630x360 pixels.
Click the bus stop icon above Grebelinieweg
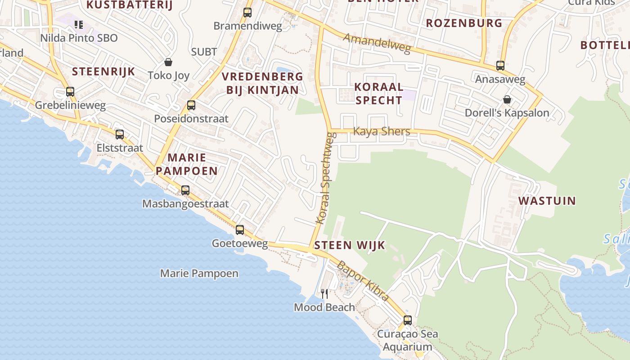70,92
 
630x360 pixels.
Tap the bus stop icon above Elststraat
120,134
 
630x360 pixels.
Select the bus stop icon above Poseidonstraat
191,105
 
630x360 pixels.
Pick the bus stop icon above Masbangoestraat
185,190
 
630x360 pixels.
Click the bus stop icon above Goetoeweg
240,230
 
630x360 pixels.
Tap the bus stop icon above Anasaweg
500,66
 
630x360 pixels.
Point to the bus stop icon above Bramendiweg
247,13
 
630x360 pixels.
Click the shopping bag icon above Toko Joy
168,62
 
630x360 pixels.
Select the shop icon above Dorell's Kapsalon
507,99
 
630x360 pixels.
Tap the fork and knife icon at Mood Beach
324,294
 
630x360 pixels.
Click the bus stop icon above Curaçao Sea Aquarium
408,320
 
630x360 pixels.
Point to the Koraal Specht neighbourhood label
378,94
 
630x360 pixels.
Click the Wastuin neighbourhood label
547,201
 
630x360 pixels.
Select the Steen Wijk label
350,245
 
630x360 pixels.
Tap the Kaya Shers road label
382,131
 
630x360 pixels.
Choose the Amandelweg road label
377,43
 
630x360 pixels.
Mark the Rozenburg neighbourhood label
464,23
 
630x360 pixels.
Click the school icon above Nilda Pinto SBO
79,24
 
